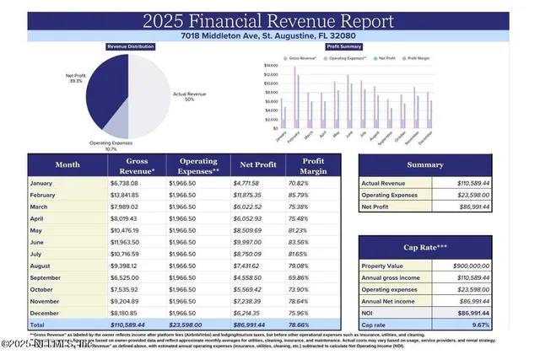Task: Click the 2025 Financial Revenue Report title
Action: click(x=269, y=19)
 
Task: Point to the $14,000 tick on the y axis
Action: click(x=271, y=65)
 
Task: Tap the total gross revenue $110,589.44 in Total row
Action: click(x=132, y=323)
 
